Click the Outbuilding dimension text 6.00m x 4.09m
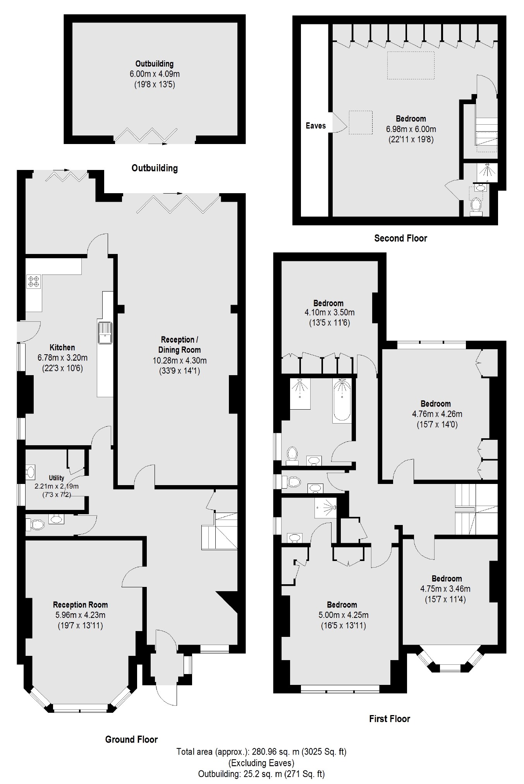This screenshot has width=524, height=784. (x=155, y=74)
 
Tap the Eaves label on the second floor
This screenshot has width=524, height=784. (x=316, y=125)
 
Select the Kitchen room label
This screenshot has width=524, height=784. (x=62, y=347)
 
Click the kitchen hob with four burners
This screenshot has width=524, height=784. (x=34, y=281)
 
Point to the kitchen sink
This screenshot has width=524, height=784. (x=105, y=333)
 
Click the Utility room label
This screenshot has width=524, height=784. (x=57, y=478)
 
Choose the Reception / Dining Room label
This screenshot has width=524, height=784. (x=180, y=345)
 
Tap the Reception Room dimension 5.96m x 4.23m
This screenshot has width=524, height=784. (x=80, y=615)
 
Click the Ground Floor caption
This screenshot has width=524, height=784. (x=131, y=739)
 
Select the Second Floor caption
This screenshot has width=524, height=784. (x=400, y=238)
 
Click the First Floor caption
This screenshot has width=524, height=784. (x=389, y=719)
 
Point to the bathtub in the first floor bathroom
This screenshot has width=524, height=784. (x=342, y=401)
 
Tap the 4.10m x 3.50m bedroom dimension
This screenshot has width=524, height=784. (x=329, y=312)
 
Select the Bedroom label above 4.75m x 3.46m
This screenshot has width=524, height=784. (x=447, y=578)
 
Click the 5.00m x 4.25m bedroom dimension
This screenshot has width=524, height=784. (x=342, y=615)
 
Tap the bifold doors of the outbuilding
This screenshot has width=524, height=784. (x=146, y=135)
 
